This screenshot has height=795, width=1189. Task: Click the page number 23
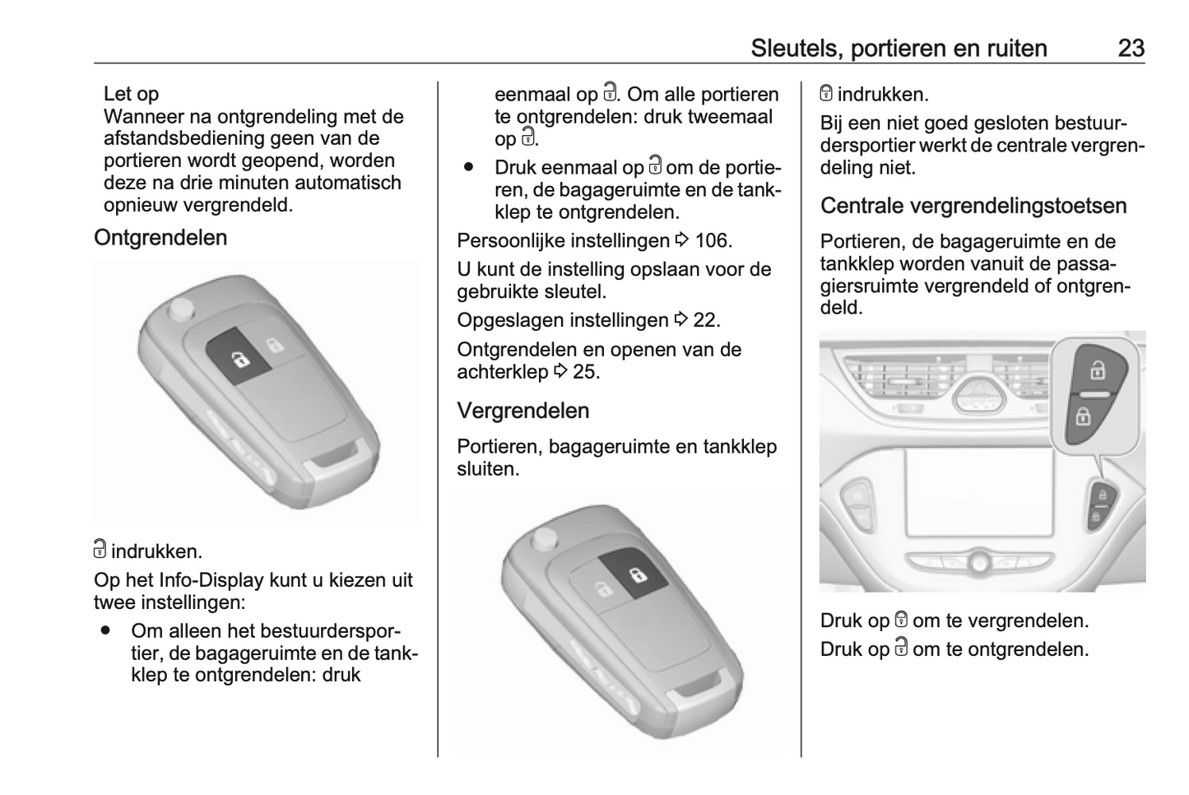[1131, 49]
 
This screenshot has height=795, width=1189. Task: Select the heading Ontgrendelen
[160, 237]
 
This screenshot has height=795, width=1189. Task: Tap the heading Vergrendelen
[523, 411]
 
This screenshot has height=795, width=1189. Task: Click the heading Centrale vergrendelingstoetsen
[973, 206]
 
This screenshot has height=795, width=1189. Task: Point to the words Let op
[131, 94]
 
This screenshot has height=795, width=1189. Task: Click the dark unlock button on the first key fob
[238, 355]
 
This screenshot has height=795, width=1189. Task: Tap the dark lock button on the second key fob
[634, 573]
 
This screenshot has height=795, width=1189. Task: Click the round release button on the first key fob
[182, 309]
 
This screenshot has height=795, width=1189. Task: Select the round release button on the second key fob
[545, 540]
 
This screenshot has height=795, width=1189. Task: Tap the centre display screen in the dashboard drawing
[979, 491]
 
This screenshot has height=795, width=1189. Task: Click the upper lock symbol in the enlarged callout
[1097, 370]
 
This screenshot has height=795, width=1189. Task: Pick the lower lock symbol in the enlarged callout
[1083, 416]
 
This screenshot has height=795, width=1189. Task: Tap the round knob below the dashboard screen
[980, 562]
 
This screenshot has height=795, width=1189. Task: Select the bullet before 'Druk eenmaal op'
[468, 167]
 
